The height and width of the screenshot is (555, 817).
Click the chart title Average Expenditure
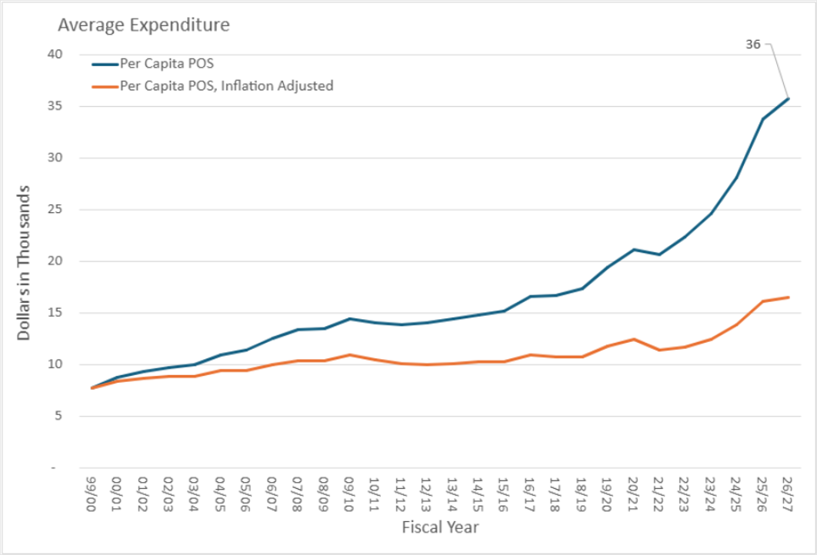(144, 25)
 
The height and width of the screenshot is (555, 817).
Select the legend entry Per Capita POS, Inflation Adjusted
(226, 86)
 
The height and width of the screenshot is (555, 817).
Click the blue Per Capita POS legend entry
(166, 64)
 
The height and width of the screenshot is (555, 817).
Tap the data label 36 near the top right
(753, 45)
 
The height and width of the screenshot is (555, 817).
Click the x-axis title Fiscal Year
(440, 527)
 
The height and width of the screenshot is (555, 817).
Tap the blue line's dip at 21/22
(659, 254)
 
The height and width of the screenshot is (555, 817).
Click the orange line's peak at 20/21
(633, 339)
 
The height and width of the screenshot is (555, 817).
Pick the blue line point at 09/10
(349, 318)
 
